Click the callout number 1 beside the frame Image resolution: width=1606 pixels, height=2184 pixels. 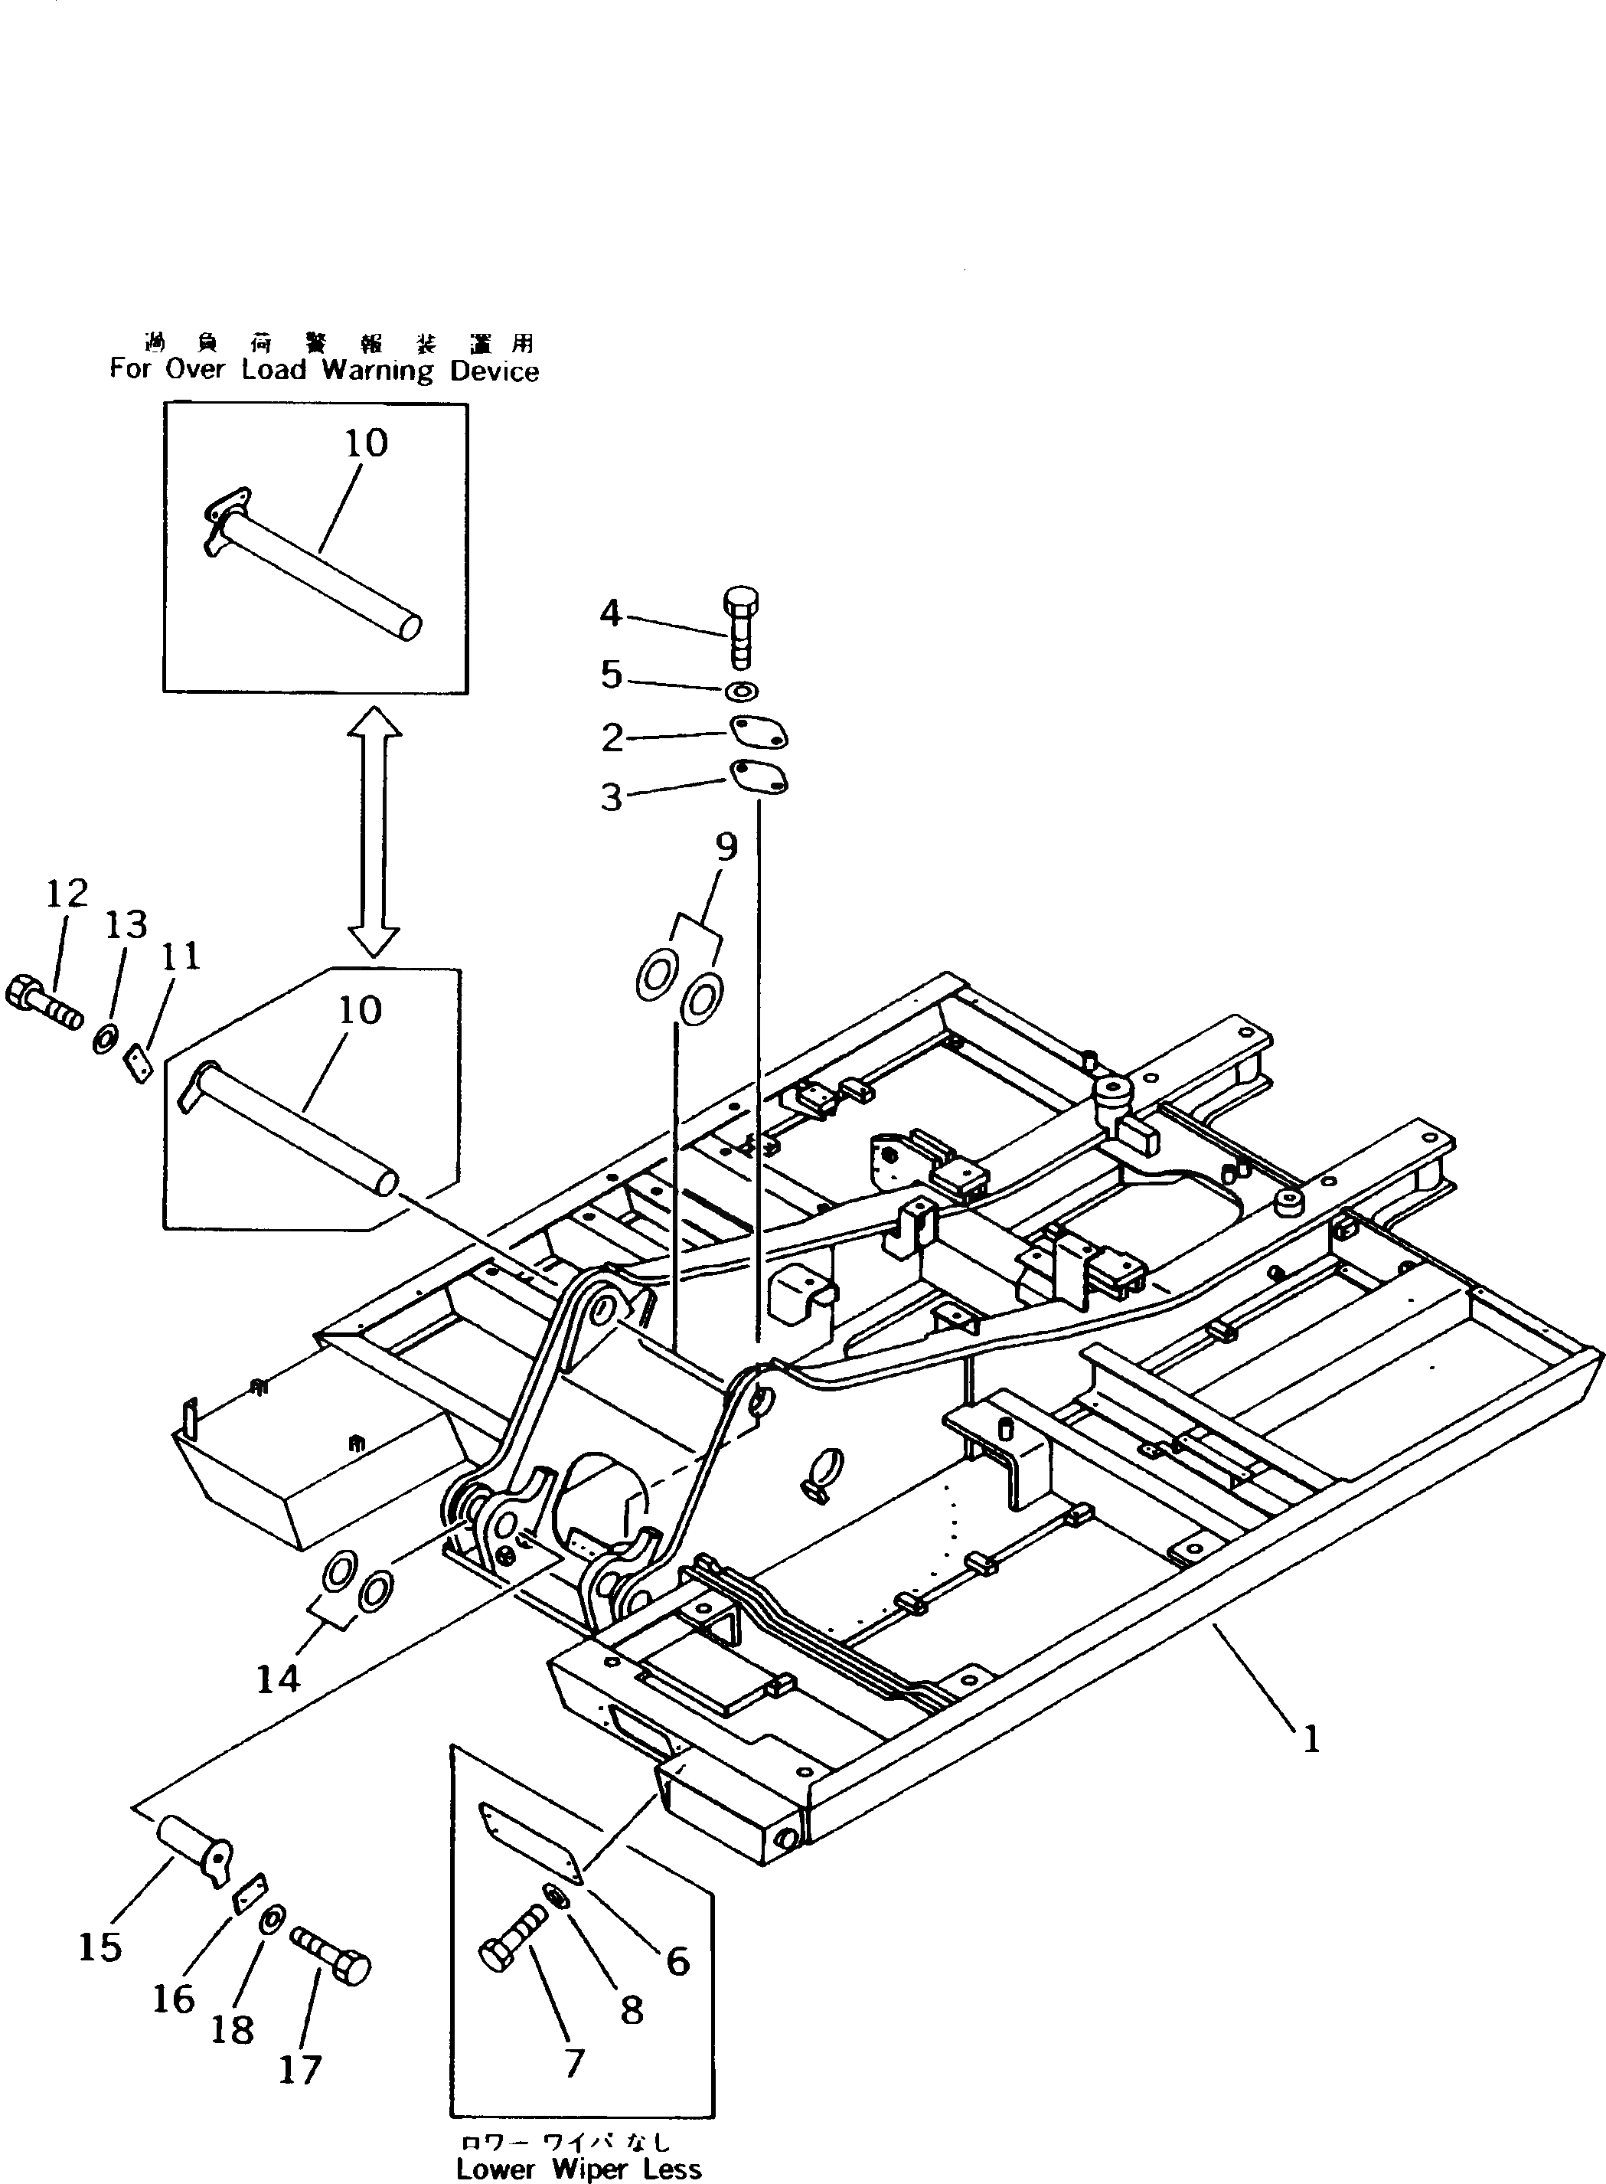pyautogui.click(x=1311, y=1738)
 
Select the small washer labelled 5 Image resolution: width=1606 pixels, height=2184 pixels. pyautogui.click(x=743, y=691)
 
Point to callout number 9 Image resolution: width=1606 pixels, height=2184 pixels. pyautogui.click(x=726, y=847)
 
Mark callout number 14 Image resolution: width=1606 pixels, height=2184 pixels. pyautogui.click(x=278, y=1679)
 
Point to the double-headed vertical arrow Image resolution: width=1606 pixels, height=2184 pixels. pyautogui.click(x=374, y=832)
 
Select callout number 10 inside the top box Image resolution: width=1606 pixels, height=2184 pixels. pyautogui.click(x=367, y=443)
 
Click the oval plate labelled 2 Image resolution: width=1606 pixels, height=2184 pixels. pyautogui.click(x=759, y=734)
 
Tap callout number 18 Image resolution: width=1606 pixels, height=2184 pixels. pyautogui.click(x=233, y=2029)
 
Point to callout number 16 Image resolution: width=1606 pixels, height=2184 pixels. pyautogui.click(x=173, y=1999)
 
